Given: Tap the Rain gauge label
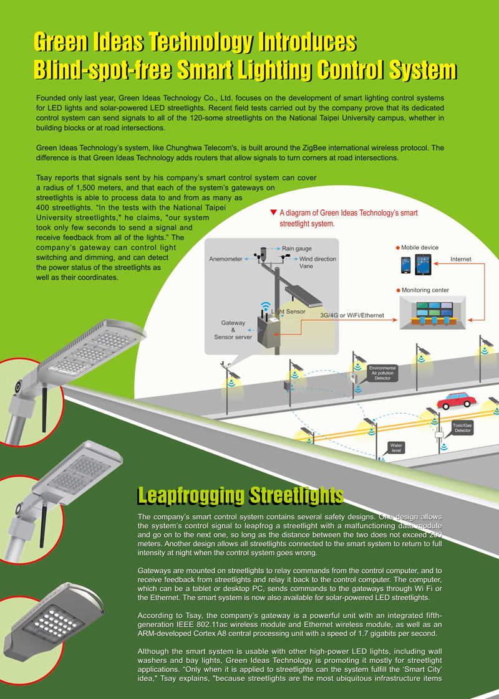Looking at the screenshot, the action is (297, 249).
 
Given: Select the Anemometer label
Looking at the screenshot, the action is (225, 259).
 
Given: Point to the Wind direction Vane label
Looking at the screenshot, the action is (317, 262).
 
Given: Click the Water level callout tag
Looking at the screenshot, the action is (396, 447).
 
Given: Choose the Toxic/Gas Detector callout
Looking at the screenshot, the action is (462, 428).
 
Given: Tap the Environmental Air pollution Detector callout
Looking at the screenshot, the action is (382, 373).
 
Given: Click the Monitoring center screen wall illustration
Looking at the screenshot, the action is (432, 313).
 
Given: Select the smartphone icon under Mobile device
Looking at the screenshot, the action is (405, 265).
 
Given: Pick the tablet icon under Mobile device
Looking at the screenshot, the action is (423, 264).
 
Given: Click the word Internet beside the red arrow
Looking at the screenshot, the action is (460, 259).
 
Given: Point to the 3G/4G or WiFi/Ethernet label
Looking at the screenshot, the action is (352, 315).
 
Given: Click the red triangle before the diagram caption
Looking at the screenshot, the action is (274, 212).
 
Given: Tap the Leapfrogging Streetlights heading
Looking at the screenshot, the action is (241, 496).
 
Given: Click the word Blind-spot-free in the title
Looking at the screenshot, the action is (103, 70).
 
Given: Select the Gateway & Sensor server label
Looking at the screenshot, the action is (233, 330).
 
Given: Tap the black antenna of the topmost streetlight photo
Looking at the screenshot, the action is (44, 410).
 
